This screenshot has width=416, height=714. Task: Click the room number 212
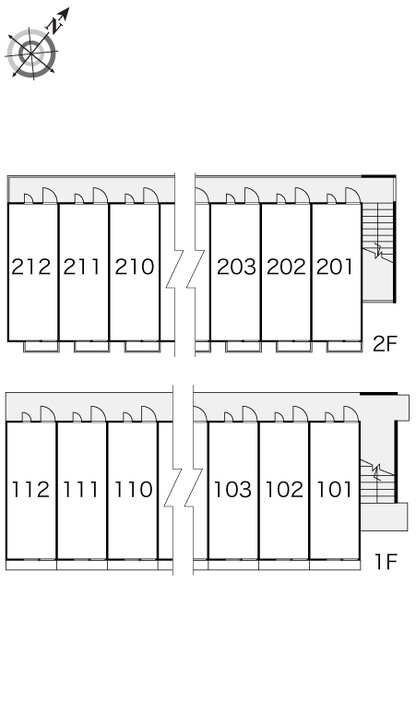pyautogui.click(x=31, y=267)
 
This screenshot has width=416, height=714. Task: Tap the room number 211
pyautogui.click(x=81, y=267)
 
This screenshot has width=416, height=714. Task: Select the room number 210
pyautogui.click(x=135, y=267)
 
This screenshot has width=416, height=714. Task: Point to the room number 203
pyautogui.click(x=236, y=267)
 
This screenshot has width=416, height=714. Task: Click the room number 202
pyautogui.click(x=286, y=267)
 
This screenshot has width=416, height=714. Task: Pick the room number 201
pyautogui.click(x=335, y=267)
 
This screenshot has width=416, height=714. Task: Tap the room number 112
pyautogui.click(x=30, y=490)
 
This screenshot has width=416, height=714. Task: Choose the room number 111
pyautogui.click(x=80, y=490)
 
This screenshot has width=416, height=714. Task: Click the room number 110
pyautogui.click(x=133, y=490)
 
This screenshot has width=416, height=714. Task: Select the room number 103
pyautogui.click(x=232, y=490)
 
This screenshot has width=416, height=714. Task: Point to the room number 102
pyautogui.click(x=284, y=490)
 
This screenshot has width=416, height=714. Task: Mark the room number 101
pyautogui.click(x=334, y=490)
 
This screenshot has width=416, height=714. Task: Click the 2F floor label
pyautogui.click(x=385, y=344)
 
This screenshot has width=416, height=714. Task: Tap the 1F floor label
pyautogui.click(x=386, y=562)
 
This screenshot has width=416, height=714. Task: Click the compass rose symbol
pyautogui.click(x=32, y=54)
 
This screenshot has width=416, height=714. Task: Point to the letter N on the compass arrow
pyautogui.click(x=56, y=26)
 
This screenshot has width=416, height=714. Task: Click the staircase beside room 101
pyautogui.click(x=377, y=482)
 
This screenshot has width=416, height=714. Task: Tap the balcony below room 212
pyautogui.click(x=42, y=347)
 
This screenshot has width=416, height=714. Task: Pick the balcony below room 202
pyautogui.click(x=293, y=347)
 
